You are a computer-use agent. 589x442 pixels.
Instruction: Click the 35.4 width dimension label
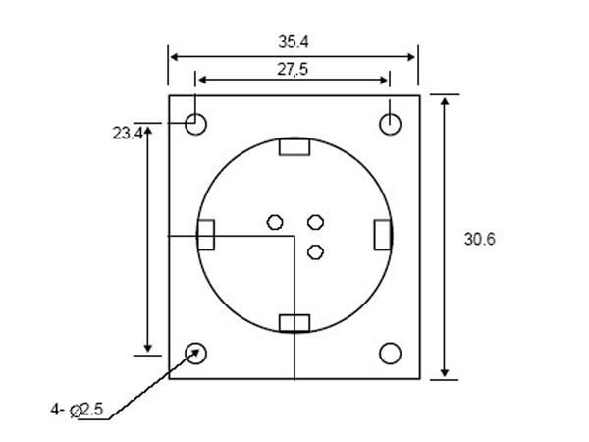coord(294,42)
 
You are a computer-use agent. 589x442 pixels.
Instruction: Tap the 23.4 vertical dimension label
coord(127,132)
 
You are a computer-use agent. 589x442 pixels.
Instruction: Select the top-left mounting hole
coord(196,124)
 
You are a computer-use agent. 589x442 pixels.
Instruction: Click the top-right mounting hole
coord(391,124)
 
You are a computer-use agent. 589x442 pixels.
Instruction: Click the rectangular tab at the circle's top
coord(294,147)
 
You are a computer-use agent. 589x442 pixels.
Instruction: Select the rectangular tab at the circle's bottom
coord(294,322)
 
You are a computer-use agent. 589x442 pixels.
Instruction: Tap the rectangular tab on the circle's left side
coord(206,236)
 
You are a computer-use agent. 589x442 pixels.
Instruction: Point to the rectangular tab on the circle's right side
coord(382,236)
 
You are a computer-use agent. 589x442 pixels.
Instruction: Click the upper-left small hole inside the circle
coord(276,222)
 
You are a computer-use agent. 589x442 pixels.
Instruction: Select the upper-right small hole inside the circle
coord(315,222)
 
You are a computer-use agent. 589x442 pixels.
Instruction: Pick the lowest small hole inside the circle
coord(315,251)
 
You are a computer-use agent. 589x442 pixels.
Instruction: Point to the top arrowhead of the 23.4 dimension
coord(148,131)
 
